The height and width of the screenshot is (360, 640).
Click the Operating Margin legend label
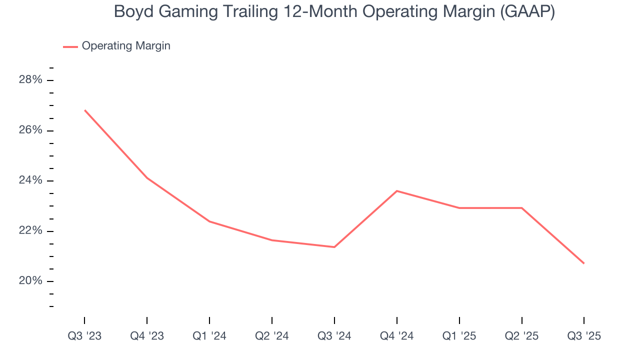tap(126, 46)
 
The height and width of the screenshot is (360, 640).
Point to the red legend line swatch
tap(70, 46)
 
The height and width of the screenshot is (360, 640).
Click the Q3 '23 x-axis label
tap(84, 336)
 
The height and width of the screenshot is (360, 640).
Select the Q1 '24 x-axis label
tap(209, 336)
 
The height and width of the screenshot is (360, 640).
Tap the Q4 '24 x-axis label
tap(397, 336)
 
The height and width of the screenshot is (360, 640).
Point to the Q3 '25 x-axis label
tap(584, 336)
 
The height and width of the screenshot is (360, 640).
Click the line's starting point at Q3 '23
tap(84, 110)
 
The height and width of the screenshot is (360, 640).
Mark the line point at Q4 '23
tap(147, 178)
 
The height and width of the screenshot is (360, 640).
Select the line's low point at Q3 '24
tap(334, 247)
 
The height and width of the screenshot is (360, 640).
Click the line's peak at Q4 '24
tap(397, 191)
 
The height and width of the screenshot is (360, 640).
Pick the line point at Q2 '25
tap(522, 208)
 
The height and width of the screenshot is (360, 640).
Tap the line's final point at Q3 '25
tap(584, 263)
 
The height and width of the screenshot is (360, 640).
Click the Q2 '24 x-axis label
tap(272, 336)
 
